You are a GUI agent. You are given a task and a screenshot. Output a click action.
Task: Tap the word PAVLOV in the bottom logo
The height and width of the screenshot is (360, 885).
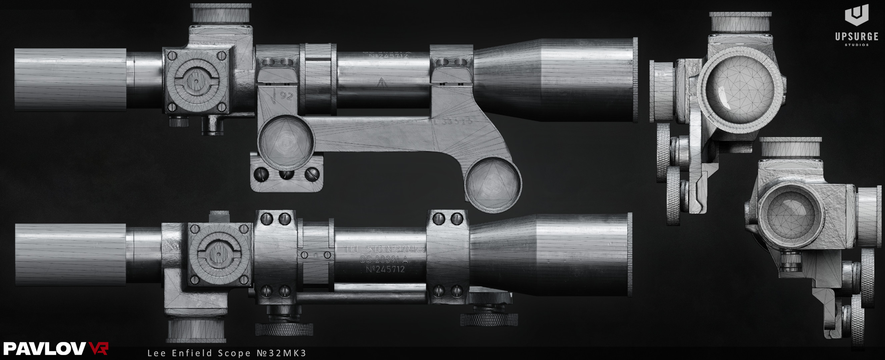tap(44, 349)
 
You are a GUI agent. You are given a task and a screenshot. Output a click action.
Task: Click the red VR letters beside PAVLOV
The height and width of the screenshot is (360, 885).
tap(99, 348)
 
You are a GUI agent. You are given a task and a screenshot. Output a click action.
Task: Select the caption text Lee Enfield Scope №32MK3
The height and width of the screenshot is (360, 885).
tap(227, 353)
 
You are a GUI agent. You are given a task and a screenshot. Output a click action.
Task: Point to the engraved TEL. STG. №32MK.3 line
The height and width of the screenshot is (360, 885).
tap(384, 249)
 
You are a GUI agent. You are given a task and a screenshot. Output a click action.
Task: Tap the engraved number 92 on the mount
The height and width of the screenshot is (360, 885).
tap(286, 95)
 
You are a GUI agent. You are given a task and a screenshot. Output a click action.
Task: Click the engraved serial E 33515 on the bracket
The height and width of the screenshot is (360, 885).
tap(454, 121)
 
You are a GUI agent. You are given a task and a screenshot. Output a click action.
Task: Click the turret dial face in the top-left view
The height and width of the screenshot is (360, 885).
tap(196, 82)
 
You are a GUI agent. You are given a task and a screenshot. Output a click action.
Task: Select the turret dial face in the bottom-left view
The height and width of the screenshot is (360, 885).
tap(219, 254)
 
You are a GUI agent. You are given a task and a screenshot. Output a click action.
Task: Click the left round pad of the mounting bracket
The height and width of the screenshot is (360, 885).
tap(285, 142)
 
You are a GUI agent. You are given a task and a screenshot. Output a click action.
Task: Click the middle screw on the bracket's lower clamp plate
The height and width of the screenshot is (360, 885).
tap(286, 173)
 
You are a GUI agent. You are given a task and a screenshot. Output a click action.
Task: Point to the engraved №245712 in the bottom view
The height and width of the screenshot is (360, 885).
tap(385, 270)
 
